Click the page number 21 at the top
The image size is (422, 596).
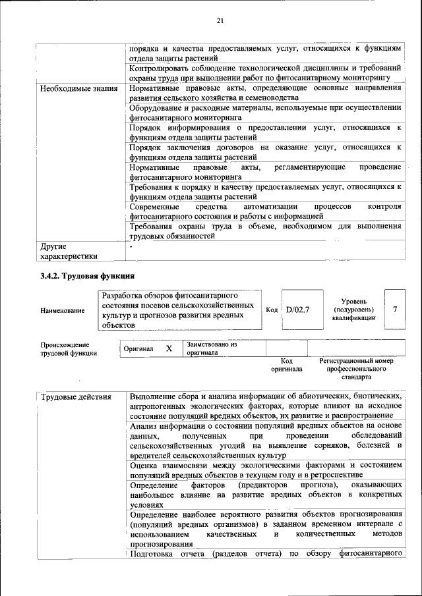coord(220,21)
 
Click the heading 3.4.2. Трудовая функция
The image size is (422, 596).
coord(87,275)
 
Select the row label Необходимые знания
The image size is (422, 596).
coord(78,88)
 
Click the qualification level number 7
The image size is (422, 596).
coord(394,308)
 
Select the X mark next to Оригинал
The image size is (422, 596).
coord(169,348)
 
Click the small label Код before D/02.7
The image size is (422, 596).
coord(272,309)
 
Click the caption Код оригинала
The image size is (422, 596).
coord(286,365)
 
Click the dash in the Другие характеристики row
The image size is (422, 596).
coord(131,247)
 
